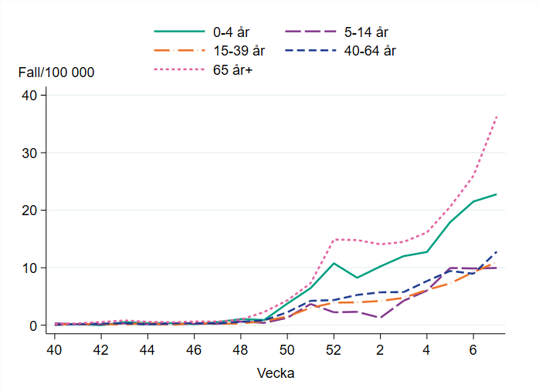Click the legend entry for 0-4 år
click(x=232, y=32)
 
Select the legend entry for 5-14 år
click(x=365, y=32)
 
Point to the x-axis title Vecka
click(x=276, y=373)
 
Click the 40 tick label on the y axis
click(x=29, y=96)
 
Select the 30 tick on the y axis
click(x=29, y=153)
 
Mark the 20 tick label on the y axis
click(x=29, y=211)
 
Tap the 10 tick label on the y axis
click(x=29, y=268)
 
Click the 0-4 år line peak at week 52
click(x=334, y=263)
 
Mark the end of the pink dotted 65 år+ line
click(x=497, y=116)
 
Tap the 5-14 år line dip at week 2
click(x=380, y=318)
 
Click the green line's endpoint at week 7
click(x=497, y=194)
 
